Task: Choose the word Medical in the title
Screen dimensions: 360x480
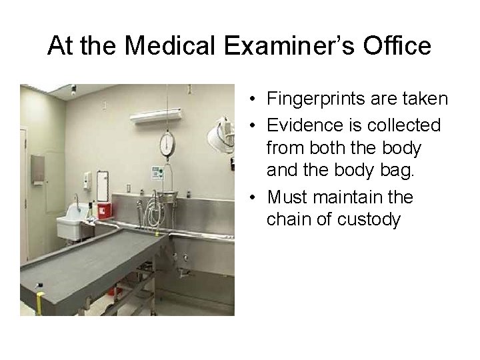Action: [x=158, y=47]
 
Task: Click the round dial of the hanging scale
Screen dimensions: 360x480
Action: [x=167, y=143]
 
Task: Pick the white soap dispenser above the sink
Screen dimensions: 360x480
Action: [x=86, y=180]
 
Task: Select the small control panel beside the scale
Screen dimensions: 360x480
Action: [x=157, y=173]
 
